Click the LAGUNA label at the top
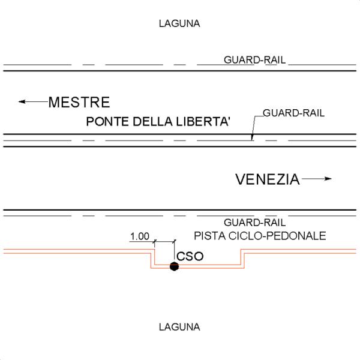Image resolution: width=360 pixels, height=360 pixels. click(179, 24)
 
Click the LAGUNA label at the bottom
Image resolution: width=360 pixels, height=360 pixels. click(179, 328)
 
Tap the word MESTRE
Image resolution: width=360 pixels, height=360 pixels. click(79, 102)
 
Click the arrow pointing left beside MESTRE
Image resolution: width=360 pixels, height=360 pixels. click(32, 102)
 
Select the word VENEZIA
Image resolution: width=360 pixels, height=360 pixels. click(267, 179)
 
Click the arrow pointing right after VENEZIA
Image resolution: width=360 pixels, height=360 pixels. click(316, 179)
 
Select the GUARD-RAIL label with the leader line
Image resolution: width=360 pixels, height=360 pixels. click(293, 113)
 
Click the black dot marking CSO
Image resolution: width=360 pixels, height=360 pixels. click(174, 266)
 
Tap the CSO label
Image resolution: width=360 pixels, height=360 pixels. click(190, 257)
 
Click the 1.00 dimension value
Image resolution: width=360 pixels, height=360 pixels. click(139, 236)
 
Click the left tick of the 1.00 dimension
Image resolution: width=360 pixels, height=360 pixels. click(154, 242)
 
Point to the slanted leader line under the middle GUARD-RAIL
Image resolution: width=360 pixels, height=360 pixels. click(256, 127)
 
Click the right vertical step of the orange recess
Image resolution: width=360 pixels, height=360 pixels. click(242, 259)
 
